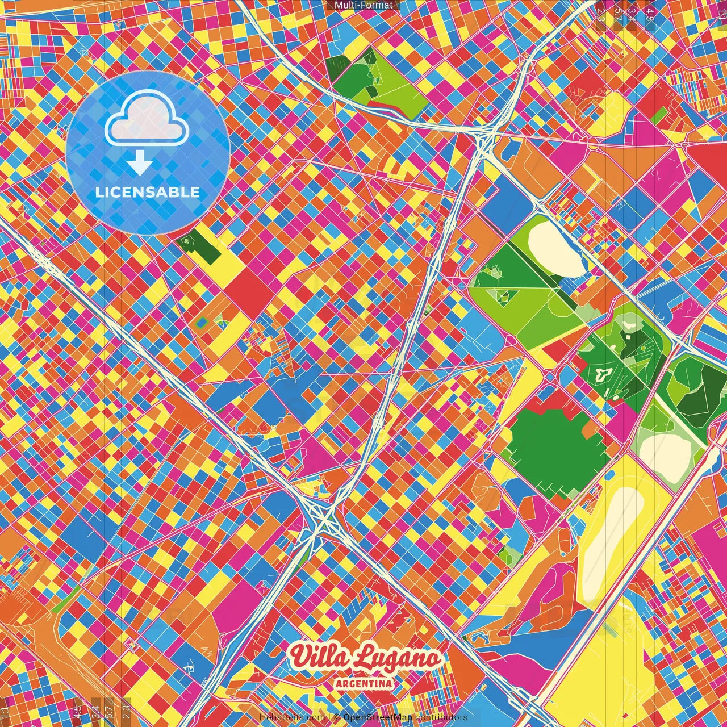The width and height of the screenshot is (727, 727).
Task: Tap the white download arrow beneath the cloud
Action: coord(140,163)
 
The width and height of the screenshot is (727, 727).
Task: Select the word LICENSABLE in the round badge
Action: coord(148,192)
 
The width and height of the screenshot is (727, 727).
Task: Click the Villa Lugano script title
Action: coord(365,657)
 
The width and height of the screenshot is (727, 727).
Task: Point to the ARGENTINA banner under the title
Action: coord(363,683)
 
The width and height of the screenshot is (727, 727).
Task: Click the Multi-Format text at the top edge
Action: coord(363,5)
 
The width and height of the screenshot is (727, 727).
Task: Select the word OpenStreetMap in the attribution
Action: coord(377,717)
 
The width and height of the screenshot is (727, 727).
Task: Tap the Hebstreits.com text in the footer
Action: coord(292,717)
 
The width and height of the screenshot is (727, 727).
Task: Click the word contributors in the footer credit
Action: coord(441,717)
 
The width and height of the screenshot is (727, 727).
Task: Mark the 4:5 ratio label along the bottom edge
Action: coord(78,711)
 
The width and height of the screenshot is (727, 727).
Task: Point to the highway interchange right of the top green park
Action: coord(484,136)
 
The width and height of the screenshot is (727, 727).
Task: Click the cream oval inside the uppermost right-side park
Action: coord(555,249)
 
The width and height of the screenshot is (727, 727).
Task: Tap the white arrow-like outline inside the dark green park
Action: coord(603,374)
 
